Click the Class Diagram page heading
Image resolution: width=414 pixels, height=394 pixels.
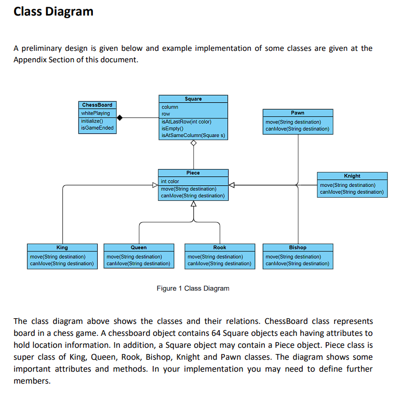54,11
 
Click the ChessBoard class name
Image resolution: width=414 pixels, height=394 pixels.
97,105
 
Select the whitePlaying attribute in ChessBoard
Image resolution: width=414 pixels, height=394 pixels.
96,113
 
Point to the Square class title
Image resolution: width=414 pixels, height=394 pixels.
193,99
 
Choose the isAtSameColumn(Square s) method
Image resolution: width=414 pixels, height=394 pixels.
189,135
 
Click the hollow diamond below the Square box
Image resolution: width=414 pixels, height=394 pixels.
193,143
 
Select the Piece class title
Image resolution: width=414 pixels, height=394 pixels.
193,173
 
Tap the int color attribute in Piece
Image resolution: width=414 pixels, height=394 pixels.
170,181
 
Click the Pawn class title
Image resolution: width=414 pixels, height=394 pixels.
298,113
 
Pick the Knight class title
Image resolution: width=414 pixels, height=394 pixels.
352,176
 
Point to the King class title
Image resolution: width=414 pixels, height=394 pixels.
62,248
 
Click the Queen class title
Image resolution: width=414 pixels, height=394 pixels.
139,248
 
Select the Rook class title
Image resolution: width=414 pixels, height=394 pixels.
220,248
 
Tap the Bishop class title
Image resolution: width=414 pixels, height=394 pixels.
298,248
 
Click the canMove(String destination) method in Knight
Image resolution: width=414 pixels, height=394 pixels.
352,192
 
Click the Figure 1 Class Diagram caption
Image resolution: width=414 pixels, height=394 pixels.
193,288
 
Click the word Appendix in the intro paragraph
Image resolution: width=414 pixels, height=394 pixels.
32,60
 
